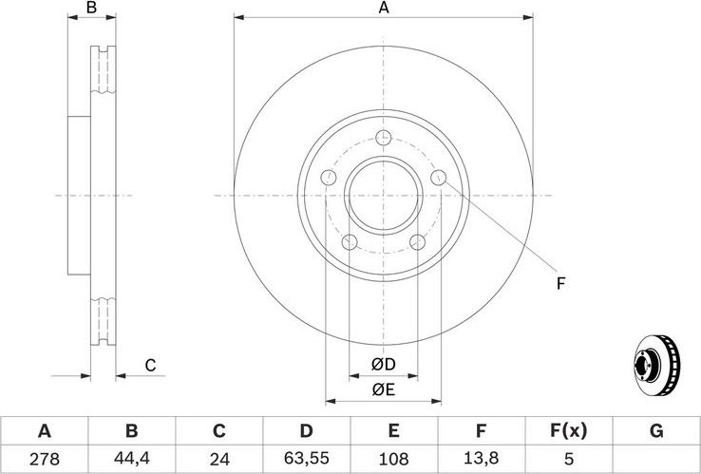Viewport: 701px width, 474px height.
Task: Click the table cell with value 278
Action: pyautogui.click(x=45, y=459)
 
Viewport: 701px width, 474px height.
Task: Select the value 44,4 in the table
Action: pyautogui.click(x=131, y=459)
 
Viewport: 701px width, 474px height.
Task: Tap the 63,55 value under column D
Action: pyautogui.click(x=306, y=459)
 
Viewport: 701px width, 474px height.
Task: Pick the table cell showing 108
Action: pyautogui.click(x=393, y=459)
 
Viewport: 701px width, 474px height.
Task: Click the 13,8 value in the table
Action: pyautogui.click(x=481, y=459)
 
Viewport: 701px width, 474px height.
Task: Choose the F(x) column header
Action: pyautogui.click(x=568, y=431)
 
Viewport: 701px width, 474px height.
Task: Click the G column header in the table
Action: pyautogui.click(x=655, y=431)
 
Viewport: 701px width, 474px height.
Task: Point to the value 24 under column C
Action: pyautogui.click(x=219, y=459)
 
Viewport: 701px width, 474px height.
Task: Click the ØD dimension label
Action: pyautogui.click(x=383, y=365)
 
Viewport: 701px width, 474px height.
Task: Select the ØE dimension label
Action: pyautogui.click(x=383, y=389)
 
